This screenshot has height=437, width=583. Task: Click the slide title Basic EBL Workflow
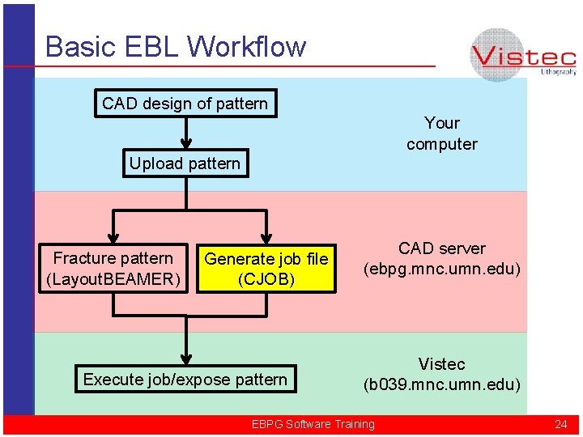pos(176,46)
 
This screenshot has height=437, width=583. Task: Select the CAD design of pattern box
pos(185,104)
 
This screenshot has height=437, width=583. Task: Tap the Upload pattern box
pos(185,163)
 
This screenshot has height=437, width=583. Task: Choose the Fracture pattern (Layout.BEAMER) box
pos(113,269)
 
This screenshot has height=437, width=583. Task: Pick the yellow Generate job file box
pos(266,269)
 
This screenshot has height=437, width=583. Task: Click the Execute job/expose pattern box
pos(185,380)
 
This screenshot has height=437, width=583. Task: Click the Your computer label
pos(442,134)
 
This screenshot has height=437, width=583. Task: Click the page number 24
pos(560,424)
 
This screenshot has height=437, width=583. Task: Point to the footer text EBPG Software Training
pos(313,424)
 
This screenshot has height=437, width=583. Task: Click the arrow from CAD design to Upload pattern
pos(187,133)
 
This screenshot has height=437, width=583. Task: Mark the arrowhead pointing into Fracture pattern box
pos(114,237)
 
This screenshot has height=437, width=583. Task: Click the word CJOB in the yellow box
pos(266,280)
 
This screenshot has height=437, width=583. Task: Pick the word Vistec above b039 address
pos(442,363)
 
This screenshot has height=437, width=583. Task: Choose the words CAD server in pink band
pos(442,248)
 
